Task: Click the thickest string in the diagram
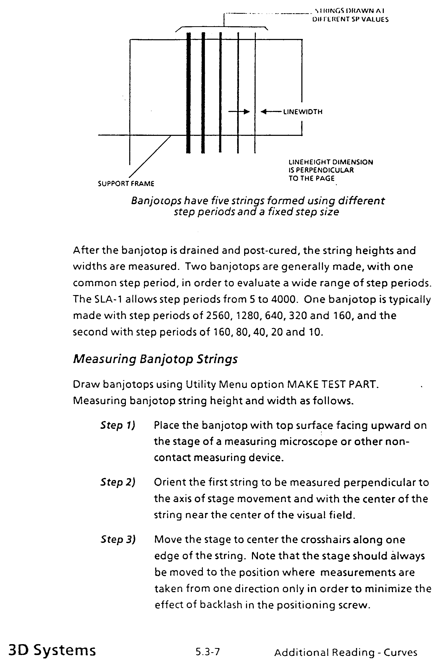tap(189, 93)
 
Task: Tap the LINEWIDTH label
tap(303, 112)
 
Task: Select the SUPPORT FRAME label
tap(126, 184)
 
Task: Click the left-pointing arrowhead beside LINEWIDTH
tap(263, 112)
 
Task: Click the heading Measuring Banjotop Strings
tap(155, 359)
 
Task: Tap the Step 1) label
tap(118, 425)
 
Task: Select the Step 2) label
tap(118, 482)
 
